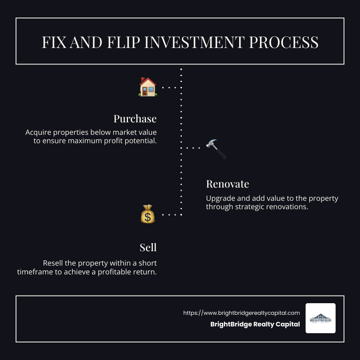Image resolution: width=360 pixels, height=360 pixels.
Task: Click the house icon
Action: tap(148, 87)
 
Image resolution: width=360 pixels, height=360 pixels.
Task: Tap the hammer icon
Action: tap(216, 148)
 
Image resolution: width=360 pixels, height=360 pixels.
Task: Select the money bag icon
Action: tap(148, 214)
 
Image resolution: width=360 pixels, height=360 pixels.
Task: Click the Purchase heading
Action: tap(135, 119)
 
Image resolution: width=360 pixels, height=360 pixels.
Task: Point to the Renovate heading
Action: tap(228, 184)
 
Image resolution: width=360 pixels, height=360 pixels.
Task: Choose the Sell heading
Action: tap(148, 248)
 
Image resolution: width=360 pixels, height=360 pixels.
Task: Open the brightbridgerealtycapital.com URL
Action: tap(241, 313)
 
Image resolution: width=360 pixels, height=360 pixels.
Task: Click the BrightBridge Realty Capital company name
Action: tap(255, 324)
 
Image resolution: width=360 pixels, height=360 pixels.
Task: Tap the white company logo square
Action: tap(320, 318)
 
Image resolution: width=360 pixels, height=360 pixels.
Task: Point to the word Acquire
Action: tap(38, 132)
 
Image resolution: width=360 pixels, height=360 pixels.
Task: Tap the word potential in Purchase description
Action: tap(138, 141)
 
